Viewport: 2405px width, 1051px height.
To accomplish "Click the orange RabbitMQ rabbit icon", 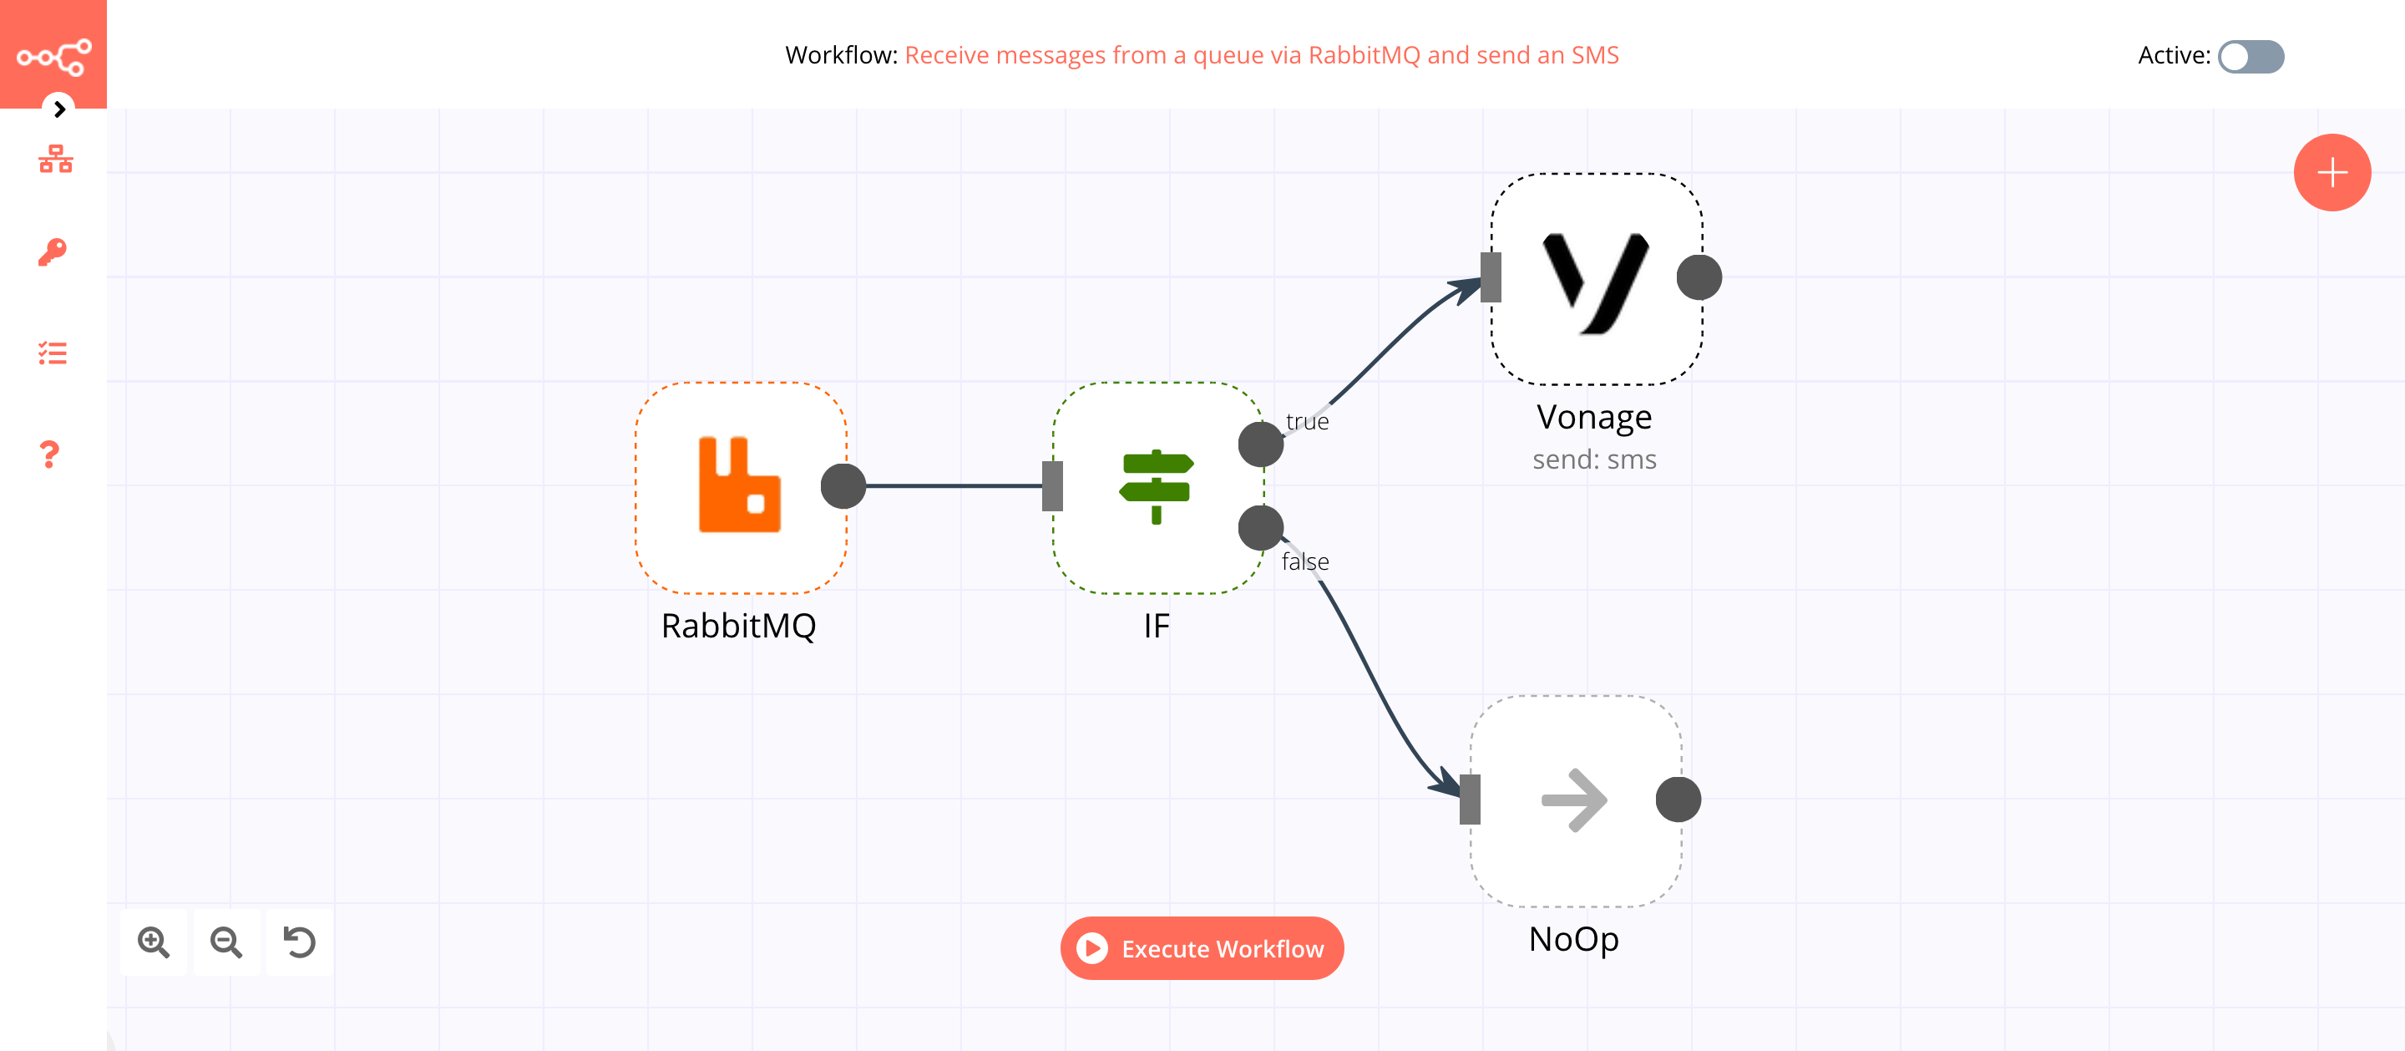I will tap(739, 485).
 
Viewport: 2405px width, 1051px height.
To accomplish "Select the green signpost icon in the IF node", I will tap(1156, 487).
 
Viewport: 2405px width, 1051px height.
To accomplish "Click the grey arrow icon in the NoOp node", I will tap(1574, 800).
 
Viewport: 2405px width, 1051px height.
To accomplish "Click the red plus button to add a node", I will tap(2332, 173).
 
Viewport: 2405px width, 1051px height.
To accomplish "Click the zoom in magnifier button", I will tap(154, 942).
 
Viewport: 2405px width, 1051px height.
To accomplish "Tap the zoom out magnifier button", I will tap(227, 942).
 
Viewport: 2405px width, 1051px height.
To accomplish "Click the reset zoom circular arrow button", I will tap(300, 942).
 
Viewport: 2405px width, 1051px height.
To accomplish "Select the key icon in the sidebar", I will tap(53, 252).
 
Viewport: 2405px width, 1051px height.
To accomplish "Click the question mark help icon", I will tap(50, 455).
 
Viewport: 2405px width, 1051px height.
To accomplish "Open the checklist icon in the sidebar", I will tap(53, 353).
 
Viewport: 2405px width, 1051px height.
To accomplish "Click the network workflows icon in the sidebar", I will tap(55, 159).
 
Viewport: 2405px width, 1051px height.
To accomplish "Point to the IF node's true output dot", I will tap(1260, 444).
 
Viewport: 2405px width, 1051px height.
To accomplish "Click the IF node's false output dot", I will tap(1260, 528).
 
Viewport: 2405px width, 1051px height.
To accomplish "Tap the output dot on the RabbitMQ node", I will tap(843, 485).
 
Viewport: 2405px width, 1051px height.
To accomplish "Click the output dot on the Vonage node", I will tap(1699, 277).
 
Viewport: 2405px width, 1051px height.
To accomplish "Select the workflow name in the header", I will tap(1261, 55).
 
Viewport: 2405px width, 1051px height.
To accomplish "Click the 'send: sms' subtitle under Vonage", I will tap(1593, 459).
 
